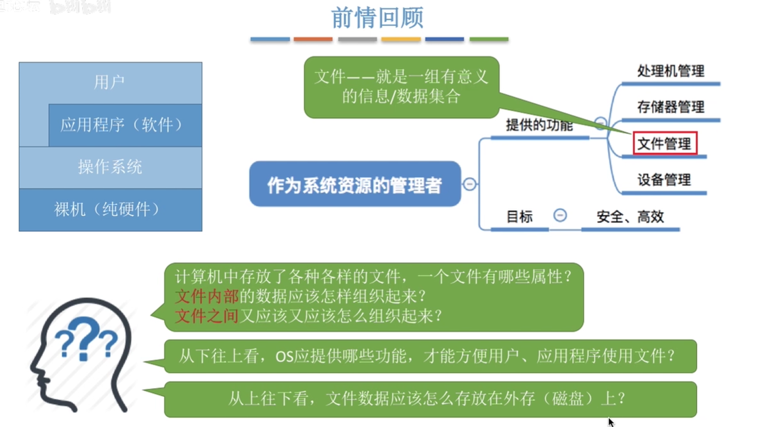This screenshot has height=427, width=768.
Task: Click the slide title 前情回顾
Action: pyautogui.click(x=377, y=18)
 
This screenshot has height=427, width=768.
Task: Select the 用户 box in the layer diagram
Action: pyautogui.click(x=109, y=83)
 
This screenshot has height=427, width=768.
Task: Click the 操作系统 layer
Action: pyautogui.click(x=110, y=167)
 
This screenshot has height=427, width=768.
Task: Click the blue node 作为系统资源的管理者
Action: pyautogui.click(x=355, y=184)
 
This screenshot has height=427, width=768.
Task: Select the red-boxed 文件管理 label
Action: pyautogui.click(x=664, y=144)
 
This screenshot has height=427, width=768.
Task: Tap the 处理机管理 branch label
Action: pyautogui.click(x=671, y=71)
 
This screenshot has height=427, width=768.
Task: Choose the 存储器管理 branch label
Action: pyautogui.click(x=671, y=107)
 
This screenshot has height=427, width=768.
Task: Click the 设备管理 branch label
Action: pyautogui.click(x=664, y=180)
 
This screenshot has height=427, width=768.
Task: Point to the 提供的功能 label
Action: pyautogui.click(x=539, y=126)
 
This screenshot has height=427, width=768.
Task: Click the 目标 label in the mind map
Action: pyautogui.click(x=519, y=217)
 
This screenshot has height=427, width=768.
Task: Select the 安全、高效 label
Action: pyautogui.click(x=630, y=217)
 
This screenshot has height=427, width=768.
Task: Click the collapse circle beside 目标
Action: pyautogui.click(x=560, y=215)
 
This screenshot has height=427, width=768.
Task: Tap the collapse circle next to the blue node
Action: pyautogui.click(x=470, y=184)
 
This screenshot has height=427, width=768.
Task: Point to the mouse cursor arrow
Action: pyautogui.click(x=611, y=422)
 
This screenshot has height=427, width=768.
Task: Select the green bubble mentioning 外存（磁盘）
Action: pyautogui.click(x=430, y=399)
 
